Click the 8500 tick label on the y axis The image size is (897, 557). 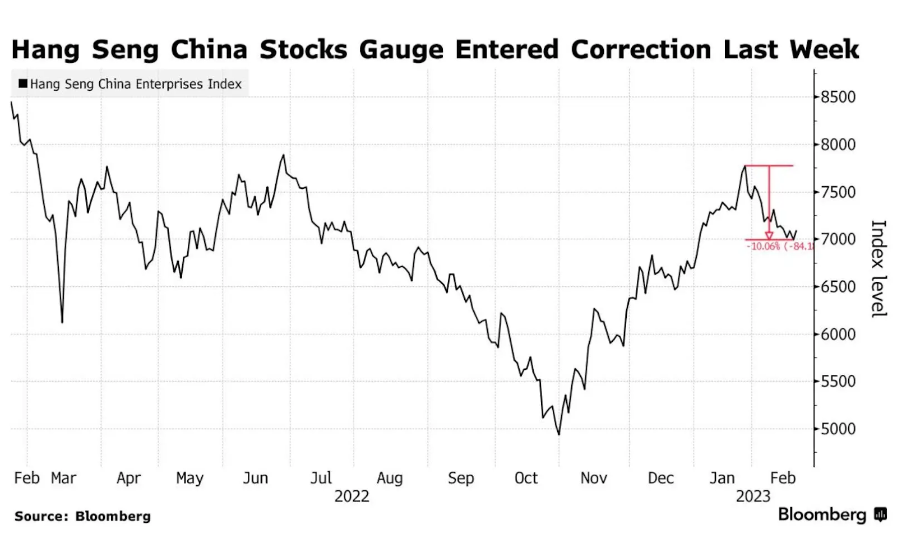pos(838,97)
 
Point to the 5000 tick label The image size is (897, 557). pos(838,429)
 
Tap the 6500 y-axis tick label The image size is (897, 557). pos(838,286)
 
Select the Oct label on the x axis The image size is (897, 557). pos(526,478)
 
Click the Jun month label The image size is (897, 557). pos(255,478)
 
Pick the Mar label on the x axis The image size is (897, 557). pos(63,478)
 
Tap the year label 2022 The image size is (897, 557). pos(352,496)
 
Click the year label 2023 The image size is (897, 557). pos(753,496)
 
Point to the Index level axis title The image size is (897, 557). pos(878,269)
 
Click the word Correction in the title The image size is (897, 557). pos(641,49)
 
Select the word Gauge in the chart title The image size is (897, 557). pos(401,49)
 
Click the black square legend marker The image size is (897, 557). pos(23,83)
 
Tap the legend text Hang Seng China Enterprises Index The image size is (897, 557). pos(136,84)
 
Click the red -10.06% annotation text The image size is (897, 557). pos(765,247)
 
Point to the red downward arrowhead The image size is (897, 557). pos(769,235)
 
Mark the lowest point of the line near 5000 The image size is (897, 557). pos(559,434)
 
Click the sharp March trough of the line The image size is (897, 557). pos(62,322)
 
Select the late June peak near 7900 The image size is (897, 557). pos(283,155)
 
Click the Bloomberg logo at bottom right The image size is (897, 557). pos(831,514)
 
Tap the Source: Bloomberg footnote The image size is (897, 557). pos(82,516)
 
